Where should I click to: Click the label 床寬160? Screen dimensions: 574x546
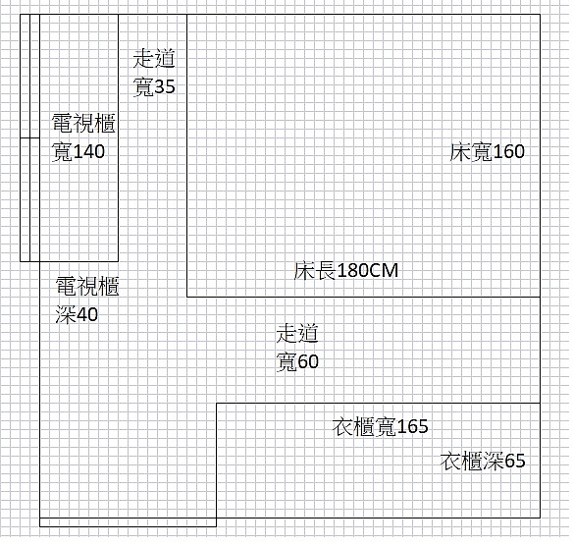pyautogui.click(x=488, y=151)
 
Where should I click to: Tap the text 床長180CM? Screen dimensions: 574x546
pyautogui.click(x=346, y=271)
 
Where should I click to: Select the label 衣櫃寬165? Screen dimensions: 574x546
pyautogui.click(x=381, y=426)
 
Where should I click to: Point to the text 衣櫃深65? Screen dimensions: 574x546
pyautogui.click(x=483, y=461)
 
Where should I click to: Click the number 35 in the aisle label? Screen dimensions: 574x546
pyautogui.click(x=165, y=86)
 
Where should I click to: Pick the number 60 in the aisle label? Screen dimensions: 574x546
pyautogui.click(x=308, y=361)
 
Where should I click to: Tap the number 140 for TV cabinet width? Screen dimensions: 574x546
pyautogui.click(x=89, y=151)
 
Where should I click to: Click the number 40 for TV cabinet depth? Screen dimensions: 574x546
pyautogui.click(x=87, y=315)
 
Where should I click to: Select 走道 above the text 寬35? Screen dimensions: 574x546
pyautogui.click(x=154, y=59)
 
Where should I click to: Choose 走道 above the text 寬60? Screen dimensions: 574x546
pyautogui.click(x=297, y=333)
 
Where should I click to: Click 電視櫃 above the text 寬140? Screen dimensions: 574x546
pyautogui.click(x=83, y=123)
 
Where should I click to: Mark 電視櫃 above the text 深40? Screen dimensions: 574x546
pyautogui.click(x=87, y=286)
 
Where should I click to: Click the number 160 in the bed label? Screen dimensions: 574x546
pyautogui.click(x=509, y=151)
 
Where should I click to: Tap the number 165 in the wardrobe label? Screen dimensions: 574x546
pyautogui.click(x=412, y=426)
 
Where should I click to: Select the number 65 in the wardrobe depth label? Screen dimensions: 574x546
pyautogui.click(x=515, y=461)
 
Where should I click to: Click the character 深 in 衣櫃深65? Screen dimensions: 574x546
pyautogui.click(x=494, y=461)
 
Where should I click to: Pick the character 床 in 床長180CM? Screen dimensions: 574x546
pyautogui.click(x=304, y=271)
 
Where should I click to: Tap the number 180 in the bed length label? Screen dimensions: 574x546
pyautogui.click(x=352, y=271)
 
